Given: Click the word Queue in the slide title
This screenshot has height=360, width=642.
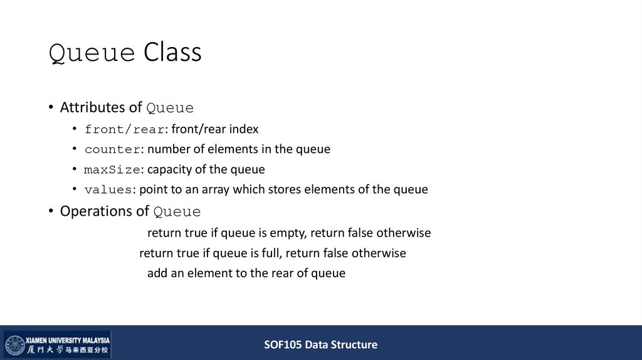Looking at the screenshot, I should [92, 53].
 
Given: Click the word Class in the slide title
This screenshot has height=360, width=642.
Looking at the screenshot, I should [172, 53].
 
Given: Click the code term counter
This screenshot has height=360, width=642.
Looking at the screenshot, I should [112, 149].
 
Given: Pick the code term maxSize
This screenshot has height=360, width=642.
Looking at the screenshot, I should [112, 169].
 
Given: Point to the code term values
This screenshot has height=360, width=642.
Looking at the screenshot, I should [110, 189].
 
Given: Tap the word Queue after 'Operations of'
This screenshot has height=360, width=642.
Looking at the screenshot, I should [177, 211].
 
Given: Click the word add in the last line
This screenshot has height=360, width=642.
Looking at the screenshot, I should [157, 273].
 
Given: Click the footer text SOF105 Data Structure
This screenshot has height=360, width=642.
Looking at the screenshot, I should [320, 344].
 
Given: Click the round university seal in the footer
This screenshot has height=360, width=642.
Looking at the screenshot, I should [15, 345].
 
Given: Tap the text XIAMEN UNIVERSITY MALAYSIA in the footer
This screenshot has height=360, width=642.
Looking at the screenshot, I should [68, 339].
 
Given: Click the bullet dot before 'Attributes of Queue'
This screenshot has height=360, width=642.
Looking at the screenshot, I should [51, 107].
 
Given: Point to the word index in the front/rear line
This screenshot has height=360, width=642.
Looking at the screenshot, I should [243, 129].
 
